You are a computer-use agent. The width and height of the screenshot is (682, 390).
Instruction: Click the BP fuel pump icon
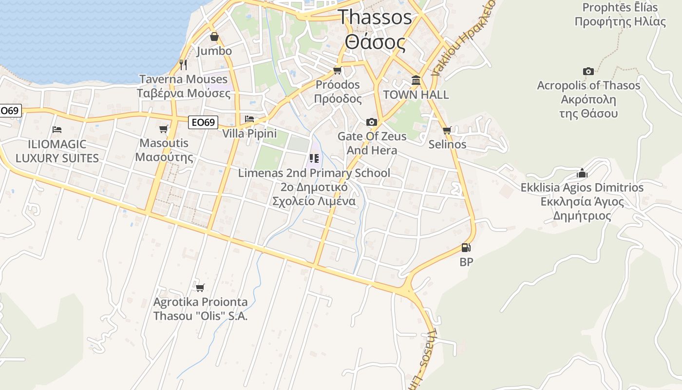[x=466, y=248]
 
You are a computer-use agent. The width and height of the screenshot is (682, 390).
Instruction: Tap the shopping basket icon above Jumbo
[x=214, y=37]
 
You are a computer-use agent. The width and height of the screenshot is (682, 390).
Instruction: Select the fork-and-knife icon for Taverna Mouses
[x=183, y=64]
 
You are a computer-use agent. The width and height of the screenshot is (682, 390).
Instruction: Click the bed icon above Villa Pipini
[x=249, y=119]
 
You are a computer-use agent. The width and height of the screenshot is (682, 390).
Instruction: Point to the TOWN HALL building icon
[x=416, y=80]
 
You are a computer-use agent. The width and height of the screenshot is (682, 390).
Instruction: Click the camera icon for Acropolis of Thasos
[x=588, y=71]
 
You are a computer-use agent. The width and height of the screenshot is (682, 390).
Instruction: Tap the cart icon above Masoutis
[x=164, y=129]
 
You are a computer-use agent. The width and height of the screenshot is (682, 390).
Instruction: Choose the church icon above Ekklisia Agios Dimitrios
[x=582, y=173]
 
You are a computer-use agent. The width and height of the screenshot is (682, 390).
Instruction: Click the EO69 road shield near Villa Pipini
[x=203, y=122]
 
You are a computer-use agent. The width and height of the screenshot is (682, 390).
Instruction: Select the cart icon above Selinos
[x=447, y=130]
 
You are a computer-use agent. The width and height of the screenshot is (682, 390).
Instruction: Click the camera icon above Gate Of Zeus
[x=372, y=122]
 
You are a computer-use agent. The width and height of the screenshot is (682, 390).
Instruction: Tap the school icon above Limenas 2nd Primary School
[x=314, y=158]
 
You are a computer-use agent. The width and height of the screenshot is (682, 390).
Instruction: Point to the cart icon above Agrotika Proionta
[x=200, y=288]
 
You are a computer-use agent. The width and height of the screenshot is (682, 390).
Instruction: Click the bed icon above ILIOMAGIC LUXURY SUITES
[x=57, y=130]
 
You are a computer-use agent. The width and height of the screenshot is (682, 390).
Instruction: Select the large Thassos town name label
[x=375, y=17]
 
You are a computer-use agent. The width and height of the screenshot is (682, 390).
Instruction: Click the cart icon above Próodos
[x=337, y=71]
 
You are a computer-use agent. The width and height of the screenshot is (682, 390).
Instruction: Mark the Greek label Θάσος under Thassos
[x=375, y=42]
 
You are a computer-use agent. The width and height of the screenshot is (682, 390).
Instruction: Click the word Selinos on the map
[x=447, y=144]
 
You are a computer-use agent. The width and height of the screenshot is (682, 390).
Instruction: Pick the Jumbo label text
[x=214, y=51]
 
